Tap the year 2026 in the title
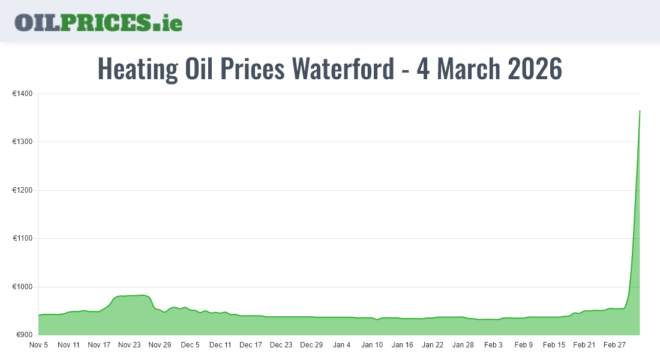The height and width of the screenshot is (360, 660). click(x=535, y=69)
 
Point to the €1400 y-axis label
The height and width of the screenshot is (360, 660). click(x=22, y=94)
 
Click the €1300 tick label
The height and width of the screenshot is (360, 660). click(x=22, y=142)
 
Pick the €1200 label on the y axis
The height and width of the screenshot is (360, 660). click(x=22, y=190)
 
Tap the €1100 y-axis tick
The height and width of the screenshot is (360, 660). click(x=22, y=239)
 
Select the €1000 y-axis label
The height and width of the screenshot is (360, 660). click(x=22, y=287)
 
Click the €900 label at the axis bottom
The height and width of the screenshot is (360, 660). click(x=24, y=335)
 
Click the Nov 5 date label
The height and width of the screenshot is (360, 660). click(x=39, y=345)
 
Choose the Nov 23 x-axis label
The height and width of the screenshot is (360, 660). click(x=129, y=345)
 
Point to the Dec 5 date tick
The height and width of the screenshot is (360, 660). click(x=190, y=345)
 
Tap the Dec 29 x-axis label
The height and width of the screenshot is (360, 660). click(x=311, y=345)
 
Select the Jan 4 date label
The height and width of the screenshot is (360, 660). click(x=342, y=345)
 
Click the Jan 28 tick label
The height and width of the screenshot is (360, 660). click(x=463, y=345)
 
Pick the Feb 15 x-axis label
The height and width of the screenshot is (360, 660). click(x=554, y=345)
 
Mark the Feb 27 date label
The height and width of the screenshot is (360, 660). click(x=614, y=345)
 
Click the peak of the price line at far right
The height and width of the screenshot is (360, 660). click(x=640, y=111)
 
